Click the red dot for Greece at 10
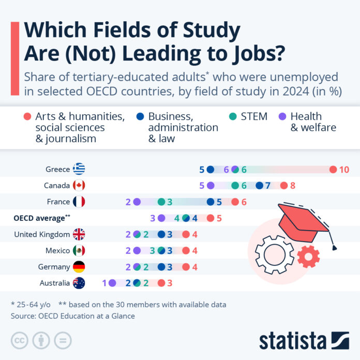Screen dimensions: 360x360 click(333, 169)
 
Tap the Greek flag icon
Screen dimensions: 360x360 click(79, 169)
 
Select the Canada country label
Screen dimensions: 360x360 click(57, 186)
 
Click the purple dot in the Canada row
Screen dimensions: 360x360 click(211, 186)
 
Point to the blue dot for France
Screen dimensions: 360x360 click(211, 202)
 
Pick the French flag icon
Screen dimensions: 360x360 click(79, 202)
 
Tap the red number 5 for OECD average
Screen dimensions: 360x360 click(219, 218)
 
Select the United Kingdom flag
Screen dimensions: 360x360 click(79, 234)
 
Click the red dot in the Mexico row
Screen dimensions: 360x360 click(186, 250)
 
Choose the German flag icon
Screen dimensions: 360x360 click(79, 267)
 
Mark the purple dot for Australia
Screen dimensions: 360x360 click(112, 283)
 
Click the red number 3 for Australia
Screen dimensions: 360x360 click(170, 283)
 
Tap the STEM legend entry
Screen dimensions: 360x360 click(253, 116)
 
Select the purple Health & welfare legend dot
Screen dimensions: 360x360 click(282, 117)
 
